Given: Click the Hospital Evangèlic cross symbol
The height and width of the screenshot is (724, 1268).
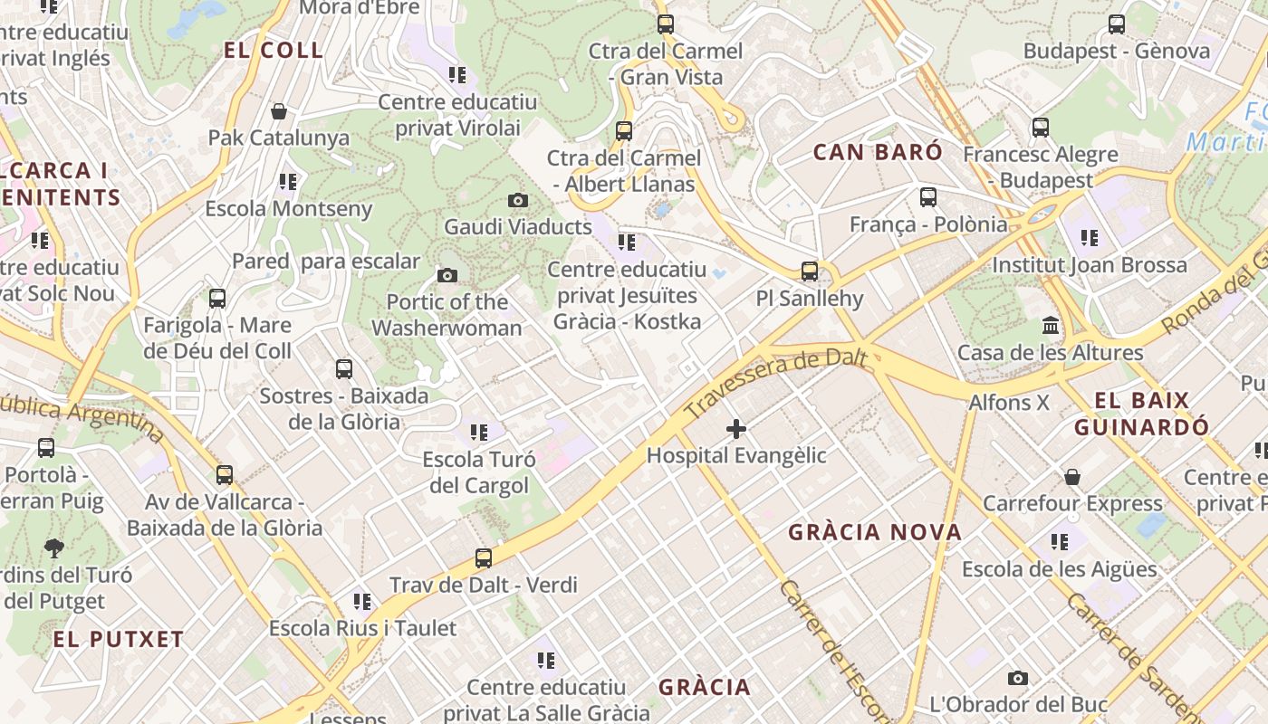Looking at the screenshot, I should [736, 428].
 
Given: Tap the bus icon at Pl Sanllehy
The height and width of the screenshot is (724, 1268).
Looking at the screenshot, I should [810, 271].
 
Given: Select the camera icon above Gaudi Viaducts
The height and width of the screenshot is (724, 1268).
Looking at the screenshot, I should [518, 200].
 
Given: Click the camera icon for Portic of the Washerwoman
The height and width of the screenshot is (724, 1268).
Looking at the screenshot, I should [447, 275].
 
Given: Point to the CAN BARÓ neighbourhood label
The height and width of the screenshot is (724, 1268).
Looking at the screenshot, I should [878, 152].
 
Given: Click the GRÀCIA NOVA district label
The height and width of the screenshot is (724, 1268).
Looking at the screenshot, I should [875, 532].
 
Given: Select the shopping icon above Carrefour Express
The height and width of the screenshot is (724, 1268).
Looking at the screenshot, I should [1072, 477].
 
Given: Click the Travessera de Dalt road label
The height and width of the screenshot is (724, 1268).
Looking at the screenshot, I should [776, 384].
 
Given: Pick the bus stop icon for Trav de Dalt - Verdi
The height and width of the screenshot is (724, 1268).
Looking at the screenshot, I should [484, 558].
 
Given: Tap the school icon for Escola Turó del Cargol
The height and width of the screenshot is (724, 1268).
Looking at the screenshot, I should [478, 433].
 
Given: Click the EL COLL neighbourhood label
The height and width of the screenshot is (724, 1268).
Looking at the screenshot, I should [274, 51].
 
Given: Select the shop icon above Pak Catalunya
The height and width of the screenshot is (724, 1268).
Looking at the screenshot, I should [279, 111].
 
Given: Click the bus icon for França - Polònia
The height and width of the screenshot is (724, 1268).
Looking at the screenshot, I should [928, 197].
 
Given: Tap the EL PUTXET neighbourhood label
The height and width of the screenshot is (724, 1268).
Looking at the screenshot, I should [119, 639].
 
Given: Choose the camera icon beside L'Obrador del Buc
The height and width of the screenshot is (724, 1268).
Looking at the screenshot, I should [1018, 678].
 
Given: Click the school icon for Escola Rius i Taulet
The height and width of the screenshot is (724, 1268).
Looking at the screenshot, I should [362, 602].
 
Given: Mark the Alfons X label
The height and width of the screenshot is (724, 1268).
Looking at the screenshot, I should [1009, 402].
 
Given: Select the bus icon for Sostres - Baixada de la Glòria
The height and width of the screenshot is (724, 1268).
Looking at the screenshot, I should [344, 369].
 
